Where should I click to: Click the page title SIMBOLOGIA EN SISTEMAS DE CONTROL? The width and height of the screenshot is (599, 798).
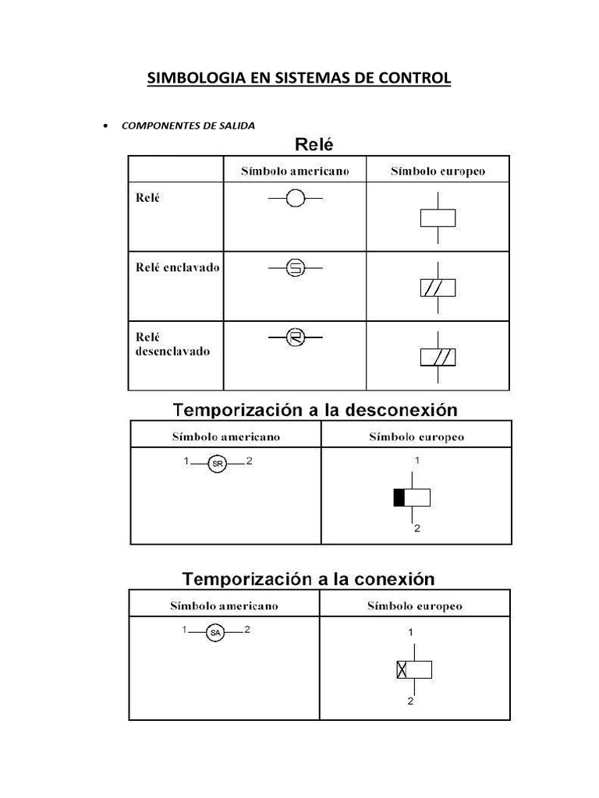[x=299, y=79]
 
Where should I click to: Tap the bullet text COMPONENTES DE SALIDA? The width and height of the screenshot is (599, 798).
[x=188, y=125]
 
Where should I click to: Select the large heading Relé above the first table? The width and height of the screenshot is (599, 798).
[x=314, y=144]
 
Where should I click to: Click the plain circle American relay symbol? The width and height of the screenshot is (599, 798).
[x=295, y=199]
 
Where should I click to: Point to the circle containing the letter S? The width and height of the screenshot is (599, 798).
[x=295, y=269]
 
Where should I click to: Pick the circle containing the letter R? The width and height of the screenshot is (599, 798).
[x=295, y=337]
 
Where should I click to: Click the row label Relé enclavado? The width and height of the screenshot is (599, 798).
[x=172, y=267]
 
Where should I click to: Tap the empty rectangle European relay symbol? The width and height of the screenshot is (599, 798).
[x=438, y=217]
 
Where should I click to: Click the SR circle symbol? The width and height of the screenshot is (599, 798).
[x=218, y=464]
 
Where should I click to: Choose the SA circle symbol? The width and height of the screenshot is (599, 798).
[x=215, y=634]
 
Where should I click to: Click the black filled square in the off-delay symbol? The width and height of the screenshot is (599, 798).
[x=399, y=498]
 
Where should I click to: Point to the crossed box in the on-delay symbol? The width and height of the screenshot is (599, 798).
[x=402, y=669]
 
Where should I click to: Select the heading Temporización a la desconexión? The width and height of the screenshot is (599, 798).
[x=315, y=409]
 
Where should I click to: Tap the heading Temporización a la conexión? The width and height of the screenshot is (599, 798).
[x=308, y=579]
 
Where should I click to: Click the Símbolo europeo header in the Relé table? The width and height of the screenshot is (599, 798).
[x=438, y=171]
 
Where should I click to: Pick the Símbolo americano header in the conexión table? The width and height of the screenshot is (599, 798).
[x=224, y=606]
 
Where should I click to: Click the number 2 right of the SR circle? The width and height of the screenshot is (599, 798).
[x=249, y=461]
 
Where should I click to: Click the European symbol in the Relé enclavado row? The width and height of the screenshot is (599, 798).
[x=438, y=288]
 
